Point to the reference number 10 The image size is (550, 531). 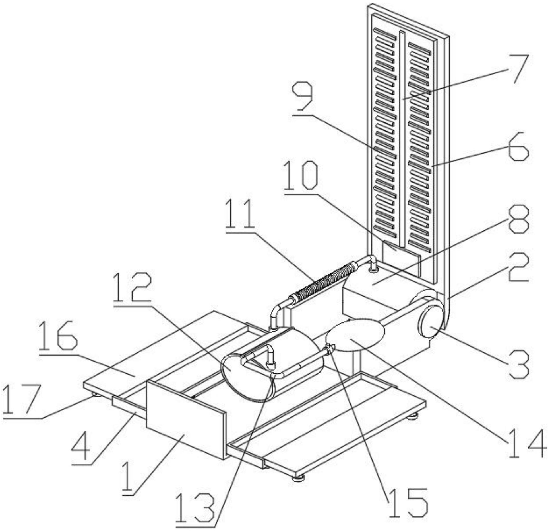(x=301, y=176)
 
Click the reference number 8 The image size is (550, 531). (x=518, y=219)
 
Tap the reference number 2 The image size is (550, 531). (x=518, y=267)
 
